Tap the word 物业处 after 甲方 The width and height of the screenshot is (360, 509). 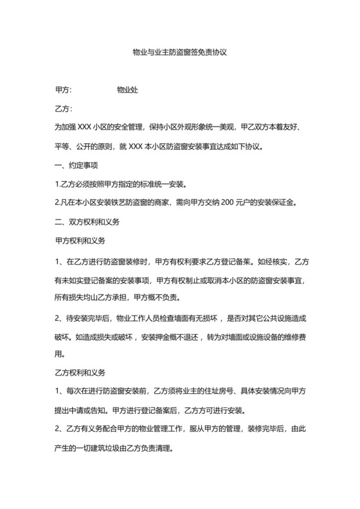pos(127,91)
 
